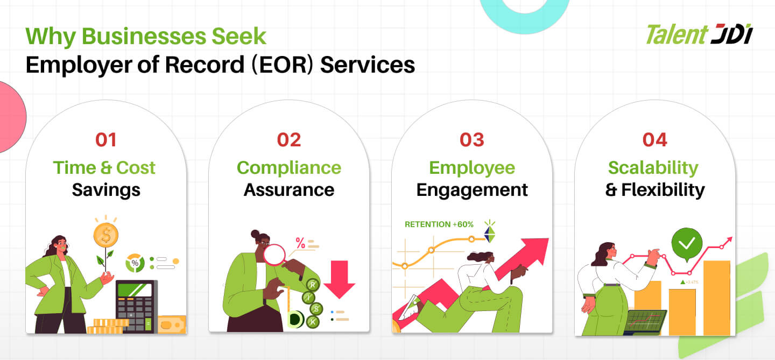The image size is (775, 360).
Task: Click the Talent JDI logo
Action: coord(699,34)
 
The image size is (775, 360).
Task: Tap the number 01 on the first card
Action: coord(106,140)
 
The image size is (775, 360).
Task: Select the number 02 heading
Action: coord(289,140)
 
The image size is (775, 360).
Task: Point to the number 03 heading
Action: coord(472,140)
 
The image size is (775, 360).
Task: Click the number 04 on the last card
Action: coord(654,140)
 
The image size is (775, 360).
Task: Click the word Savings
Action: coord(106,190)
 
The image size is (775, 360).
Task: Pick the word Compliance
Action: coord(289,168)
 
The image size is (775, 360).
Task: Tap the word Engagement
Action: coord(472,190)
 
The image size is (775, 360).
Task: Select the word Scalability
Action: coord(653,168)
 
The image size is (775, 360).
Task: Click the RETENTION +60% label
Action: coord(439,224)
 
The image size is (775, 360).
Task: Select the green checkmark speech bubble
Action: coord(687,244)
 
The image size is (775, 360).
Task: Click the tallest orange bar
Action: coord(717,298)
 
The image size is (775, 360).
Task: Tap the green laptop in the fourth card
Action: coord(646,322)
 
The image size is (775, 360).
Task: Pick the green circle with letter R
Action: coord(313,285)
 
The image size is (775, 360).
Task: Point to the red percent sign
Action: coord(300,243)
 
